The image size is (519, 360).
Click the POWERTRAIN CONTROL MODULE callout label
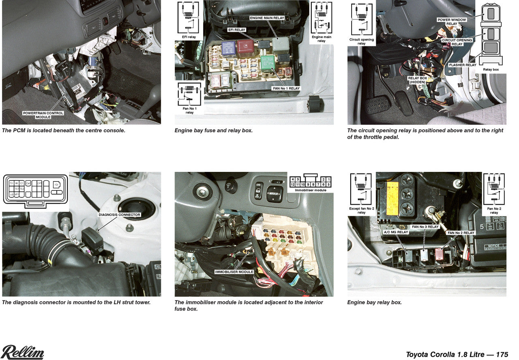coord(43,115)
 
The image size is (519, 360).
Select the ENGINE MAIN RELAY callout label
coord(266,18)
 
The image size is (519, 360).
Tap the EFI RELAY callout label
coord(237,30)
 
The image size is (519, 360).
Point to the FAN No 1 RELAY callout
coord(286,88)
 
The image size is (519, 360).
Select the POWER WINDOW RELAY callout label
coord(452,21)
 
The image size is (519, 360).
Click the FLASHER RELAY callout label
coord(462,65)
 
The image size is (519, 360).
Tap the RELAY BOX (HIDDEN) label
coord(417,80)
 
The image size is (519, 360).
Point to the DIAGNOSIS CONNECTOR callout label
coord(119,214)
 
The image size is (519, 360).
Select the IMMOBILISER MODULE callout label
coord(234,272)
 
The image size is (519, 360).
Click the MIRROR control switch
coord(274,194)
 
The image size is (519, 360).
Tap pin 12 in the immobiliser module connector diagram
coord(292,184)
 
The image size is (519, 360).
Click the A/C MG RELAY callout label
coord(396,232)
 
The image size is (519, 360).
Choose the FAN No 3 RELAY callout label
coord(425,227)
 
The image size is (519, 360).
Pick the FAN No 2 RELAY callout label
coord(461,233)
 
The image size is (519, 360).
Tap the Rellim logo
coord(22,352)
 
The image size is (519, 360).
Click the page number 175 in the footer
coord(502,354)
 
